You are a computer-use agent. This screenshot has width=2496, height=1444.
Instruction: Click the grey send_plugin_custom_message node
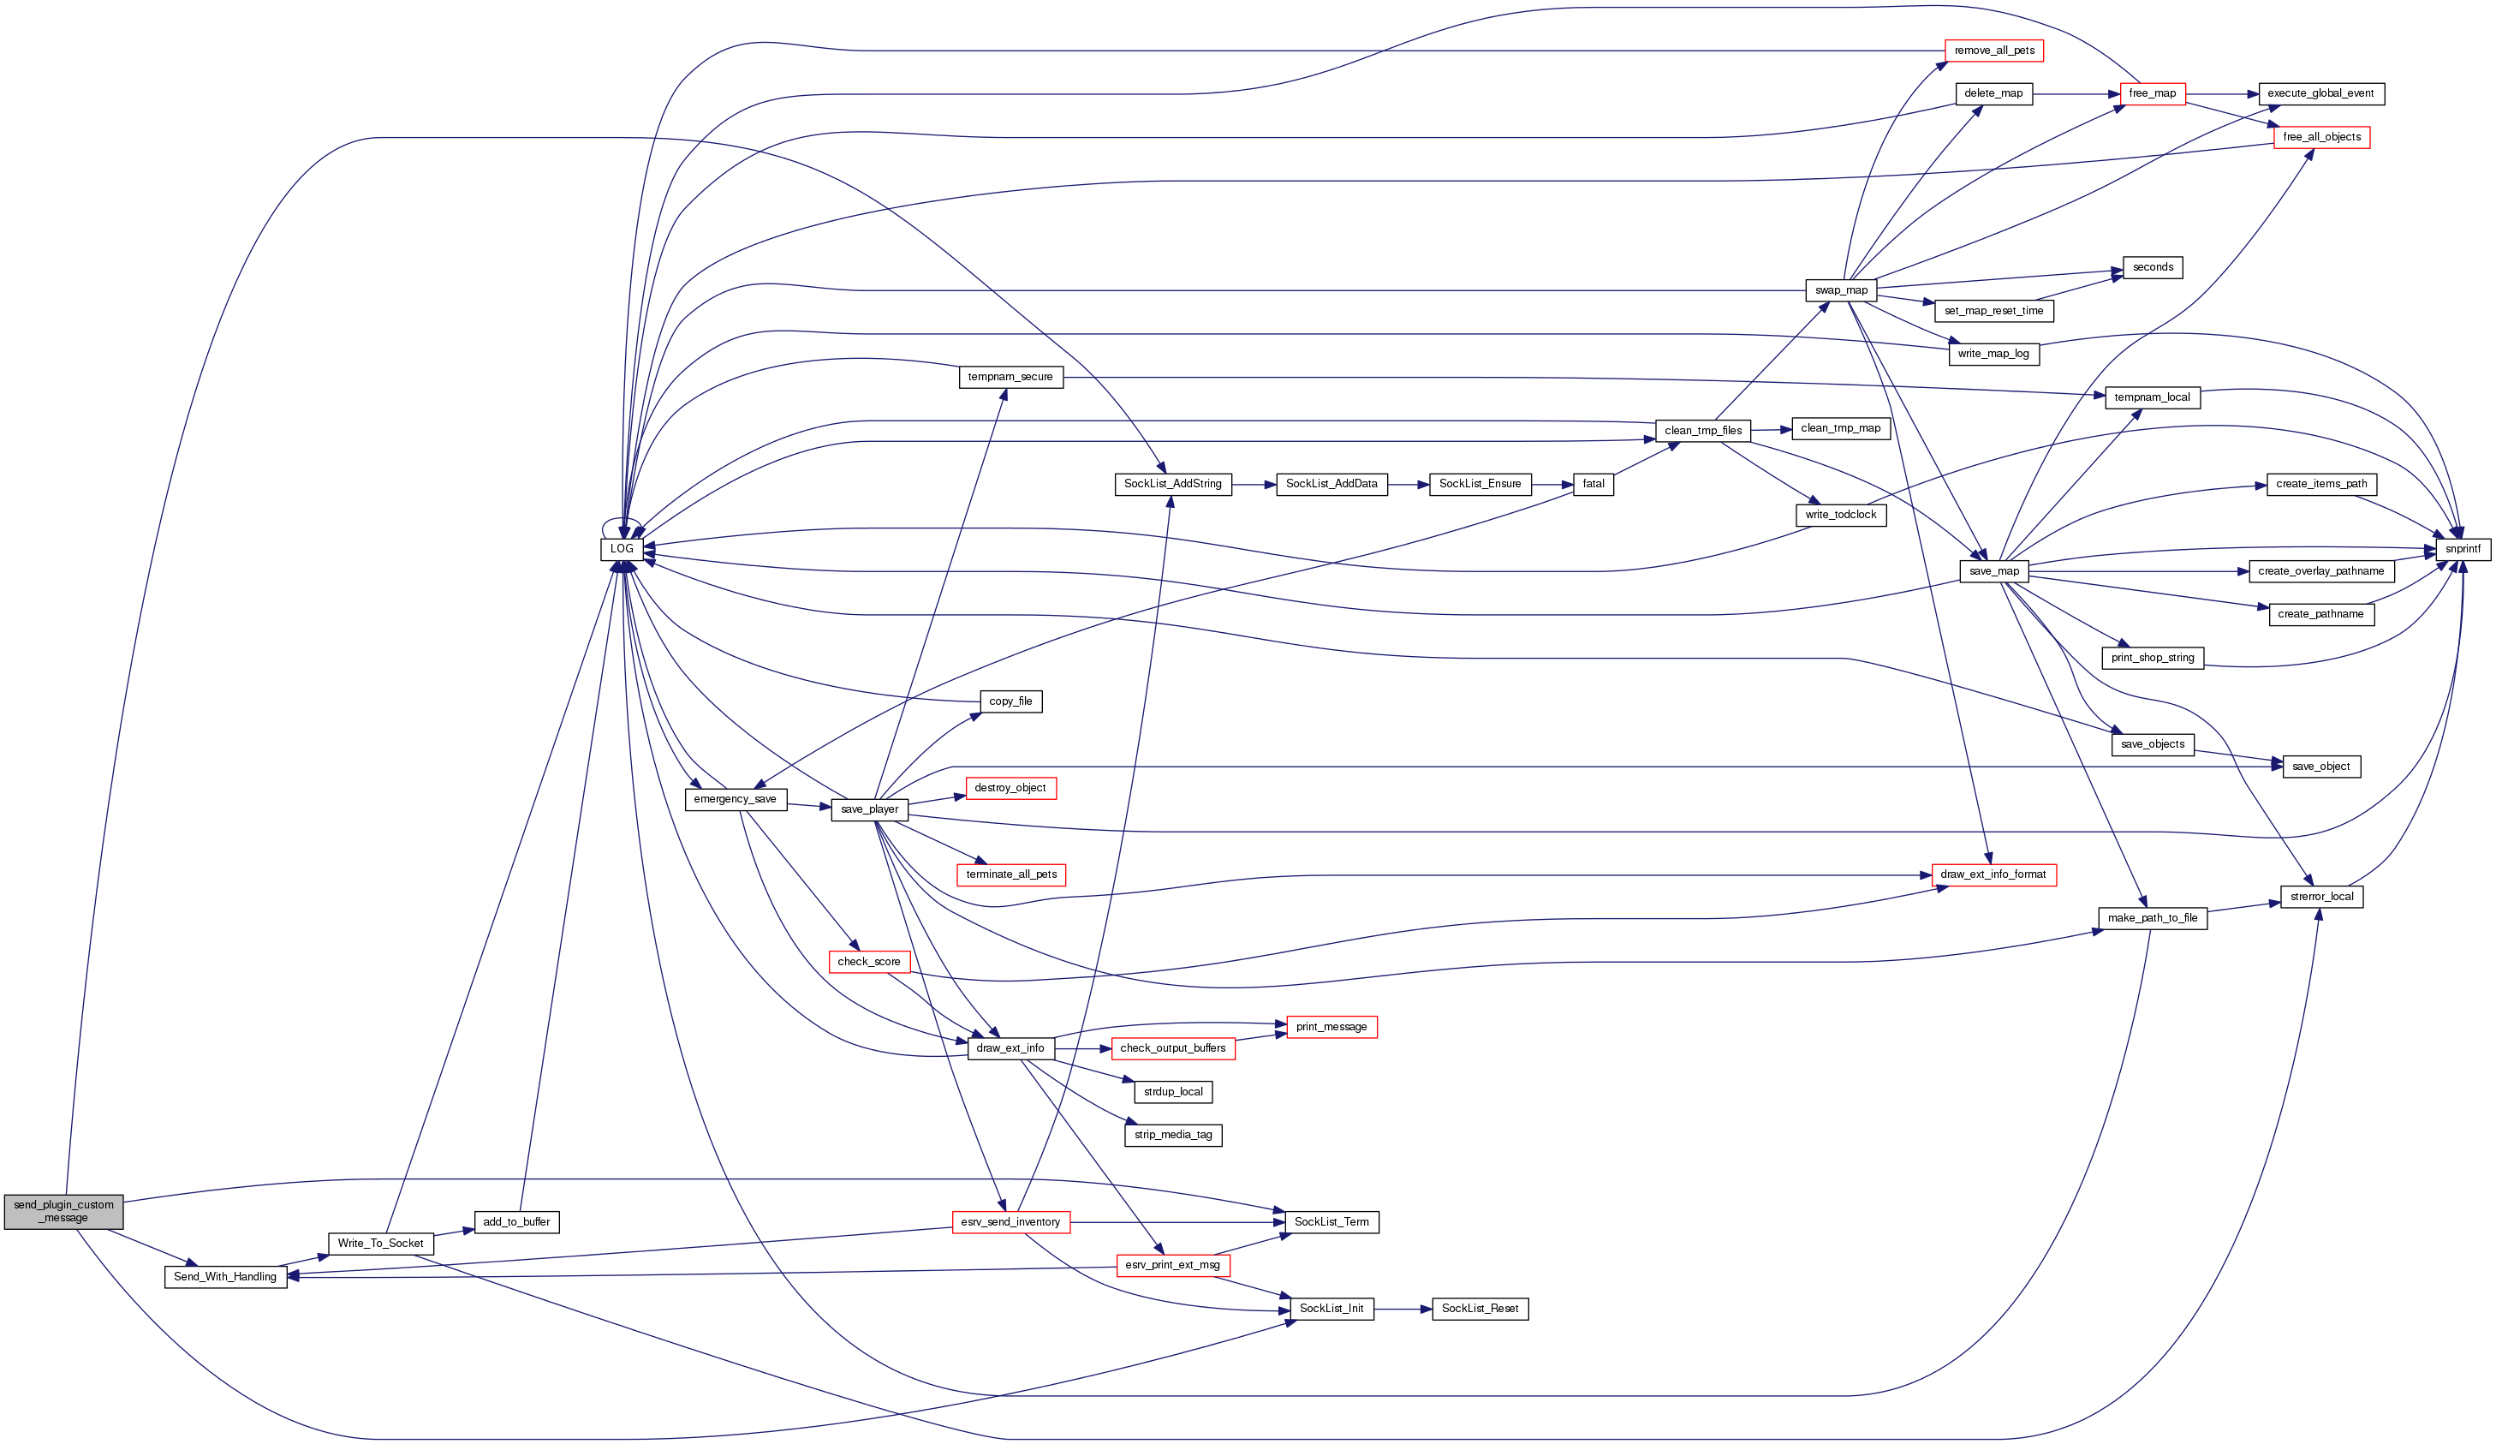point(63,1211)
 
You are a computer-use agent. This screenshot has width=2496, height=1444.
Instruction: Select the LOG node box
point(621,549)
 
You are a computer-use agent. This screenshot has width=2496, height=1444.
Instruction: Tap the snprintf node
point(2463,549)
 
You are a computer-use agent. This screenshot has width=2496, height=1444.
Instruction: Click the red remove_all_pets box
point(1994,51)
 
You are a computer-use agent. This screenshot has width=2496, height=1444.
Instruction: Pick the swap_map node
point(1841,290)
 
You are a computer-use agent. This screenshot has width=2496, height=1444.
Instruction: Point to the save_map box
point(1994,571)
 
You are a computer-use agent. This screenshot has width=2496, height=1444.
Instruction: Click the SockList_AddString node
point(1173,484)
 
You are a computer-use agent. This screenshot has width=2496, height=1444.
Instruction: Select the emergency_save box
point(735,799)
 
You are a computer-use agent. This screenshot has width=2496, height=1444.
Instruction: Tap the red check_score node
point(868,962)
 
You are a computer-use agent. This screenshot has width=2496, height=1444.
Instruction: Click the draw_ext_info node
point(1010,1047)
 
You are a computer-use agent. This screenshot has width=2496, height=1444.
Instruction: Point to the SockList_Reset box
point(1480,1310)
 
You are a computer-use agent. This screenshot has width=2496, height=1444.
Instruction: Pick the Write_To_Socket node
point(380,1244)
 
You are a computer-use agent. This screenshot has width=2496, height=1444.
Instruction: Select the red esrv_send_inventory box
point(1010,1222)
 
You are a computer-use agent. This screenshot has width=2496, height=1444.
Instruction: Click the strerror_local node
point(2321,898)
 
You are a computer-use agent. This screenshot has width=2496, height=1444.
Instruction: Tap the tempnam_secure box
point(1010,378)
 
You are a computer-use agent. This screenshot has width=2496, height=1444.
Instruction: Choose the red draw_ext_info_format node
point(1993,874)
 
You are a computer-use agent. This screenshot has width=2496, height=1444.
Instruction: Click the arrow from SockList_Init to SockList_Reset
point(1403,1310)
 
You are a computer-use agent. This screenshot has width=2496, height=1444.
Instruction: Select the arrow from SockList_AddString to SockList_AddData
point(1254,484)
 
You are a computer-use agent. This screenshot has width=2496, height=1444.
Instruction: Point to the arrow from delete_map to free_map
point(2075,94)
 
